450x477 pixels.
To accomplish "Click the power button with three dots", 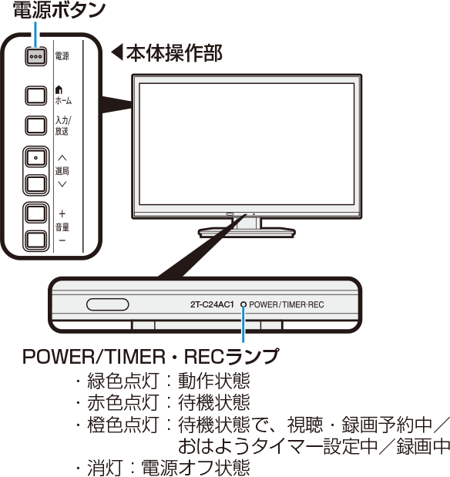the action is click(x=36, y=56).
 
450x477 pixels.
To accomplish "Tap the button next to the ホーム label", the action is click(x=36, y=96).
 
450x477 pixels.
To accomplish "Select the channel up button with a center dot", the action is click(x=36, y=158).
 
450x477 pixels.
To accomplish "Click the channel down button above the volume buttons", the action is click(x=36, y=184).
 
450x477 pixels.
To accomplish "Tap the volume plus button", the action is click(x=36, y=213).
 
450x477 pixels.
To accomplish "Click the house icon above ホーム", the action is click(x=59, y=89).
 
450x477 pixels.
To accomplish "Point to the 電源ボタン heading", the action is click(x=59, y=10).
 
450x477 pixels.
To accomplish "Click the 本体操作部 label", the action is click(x=174, y=53).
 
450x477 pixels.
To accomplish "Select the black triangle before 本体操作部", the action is click(x=117, y=52).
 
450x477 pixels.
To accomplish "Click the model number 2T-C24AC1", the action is click(x=212, y=304).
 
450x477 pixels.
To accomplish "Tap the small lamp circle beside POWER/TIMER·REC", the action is click(x=243, y=304).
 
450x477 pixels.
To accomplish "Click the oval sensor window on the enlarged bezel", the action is click(x=108, y=304).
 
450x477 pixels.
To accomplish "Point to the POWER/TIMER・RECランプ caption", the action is click(x=150, y=357).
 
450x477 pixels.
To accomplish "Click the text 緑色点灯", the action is click(x=123, y=381).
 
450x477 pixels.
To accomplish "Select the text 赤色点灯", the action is click(x=123, y=402).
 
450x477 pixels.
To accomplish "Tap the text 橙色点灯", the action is click(x=123, y=425).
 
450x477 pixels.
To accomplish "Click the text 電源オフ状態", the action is click(x=196, y=468).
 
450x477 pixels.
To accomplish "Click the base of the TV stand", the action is click(x=247, y=232).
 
